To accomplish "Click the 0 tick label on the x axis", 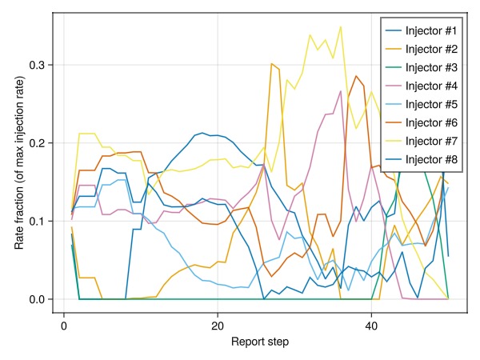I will [63, 326].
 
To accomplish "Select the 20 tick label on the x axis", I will [218, 326].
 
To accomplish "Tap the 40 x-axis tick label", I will [371, 326].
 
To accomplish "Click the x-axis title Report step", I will [260, 342].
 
